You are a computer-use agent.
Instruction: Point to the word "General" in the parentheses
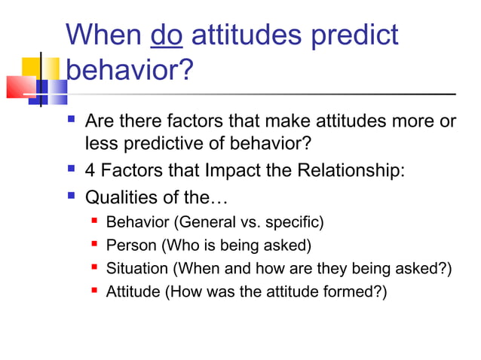(x=209, y=222)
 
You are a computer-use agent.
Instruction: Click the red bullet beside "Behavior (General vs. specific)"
(x=93, y=221)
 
